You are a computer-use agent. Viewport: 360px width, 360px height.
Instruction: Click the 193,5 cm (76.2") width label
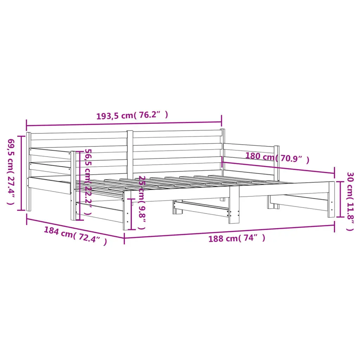[x=132, y=115]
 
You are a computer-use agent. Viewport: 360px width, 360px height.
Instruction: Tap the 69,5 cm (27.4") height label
[x=11, y=172]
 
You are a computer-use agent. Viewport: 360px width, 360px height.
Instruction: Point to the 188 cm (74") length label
[x=237, y=238]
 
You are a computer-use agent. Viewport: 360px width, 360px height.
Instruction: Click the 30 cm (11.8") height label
[x=351, y=201]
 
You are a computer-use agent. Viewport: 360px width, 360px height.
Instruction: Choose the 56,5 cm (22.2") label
[x=88, y=182]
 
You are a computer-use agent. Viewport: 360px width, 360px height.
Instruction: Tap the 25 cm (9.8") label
[x=142, y=202]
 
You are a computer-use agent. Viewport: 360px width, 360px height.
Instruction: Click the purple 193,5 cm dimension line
[x=124, y=124]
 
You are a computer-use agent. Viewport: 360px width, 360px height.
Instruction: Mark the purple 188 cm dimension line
[x=229, y=231]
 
